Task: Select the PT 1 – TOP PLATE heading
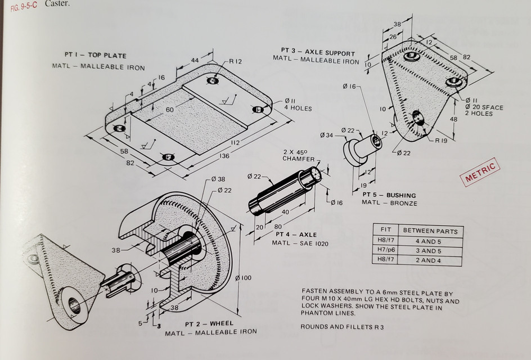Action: (95, 56)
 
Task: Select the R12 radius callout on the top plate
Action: (235, 61)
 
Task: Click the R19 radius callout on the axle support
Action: (440, 141)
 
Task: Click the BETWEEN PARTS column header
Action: (429, 231)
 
